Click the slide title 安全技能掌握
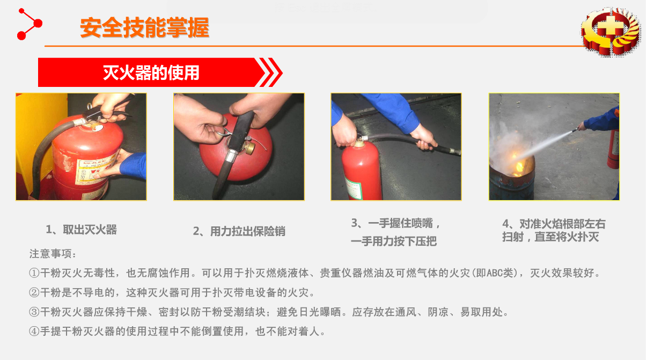[x=144, y=28]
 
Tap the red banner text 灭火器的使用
[x=151, y=72]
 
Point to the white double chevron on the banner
[x=270, y=72]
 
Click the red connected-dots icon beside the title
[x=30, y=24]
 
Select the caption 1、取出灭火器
[x=81, y=230]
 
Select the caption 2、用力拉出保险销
[x=239, y=231]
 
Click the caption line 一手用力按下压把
[x=394, y=241]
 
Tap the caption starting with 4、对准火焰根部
[x=554, y=230]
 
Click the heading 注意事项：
[x=53, y=254]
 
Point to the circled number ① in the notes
[x=34, y=273]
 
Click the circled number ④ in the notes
[x=34, y=332]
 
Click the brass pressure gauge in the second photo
[x=249, y=148]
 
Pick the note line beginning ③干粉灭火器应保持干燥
[x=269, y=312]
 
